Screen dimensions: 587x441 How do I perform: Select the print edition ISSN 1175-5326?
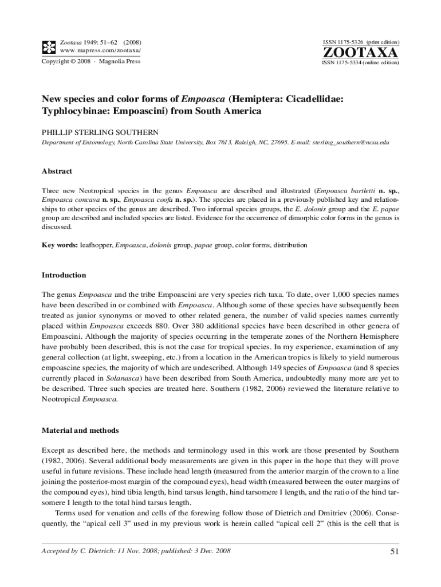click(342, 42)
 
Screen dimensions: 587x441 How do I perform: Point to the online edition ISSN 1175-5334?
click(342, 62)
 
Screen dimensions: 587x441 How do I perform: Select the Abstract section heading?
click(57, 171)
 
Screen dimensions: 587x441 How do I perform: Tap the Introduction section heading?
click(64, 275)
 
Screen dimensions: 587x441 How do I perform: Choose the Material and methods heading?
click(80, 430)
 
